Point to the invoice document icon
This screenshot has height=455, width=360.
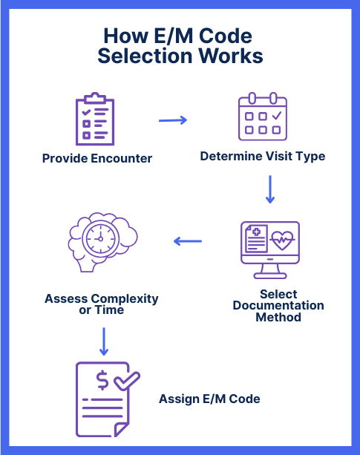[103, 399]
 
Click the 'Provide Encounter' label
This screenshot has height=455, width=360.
[97, 158]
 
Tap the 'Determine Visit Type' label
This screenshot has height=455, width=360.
[263, 157]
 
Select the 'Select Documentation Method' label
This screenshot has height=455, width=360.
[278, 306]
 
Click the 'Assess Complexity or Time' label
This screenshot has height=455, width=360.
[102, 304]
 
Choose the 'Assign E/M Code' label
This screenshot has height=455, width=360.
[209, 399]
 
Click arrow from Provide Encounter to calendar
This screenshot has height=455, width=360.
[173, 120]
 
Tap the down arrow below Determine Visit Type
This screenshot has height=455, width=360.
[270, 190]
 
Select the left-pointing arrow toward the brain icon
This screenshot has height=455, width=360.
[188, 241]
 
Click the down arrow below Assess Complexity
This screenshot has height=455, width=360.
[104, 341]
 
